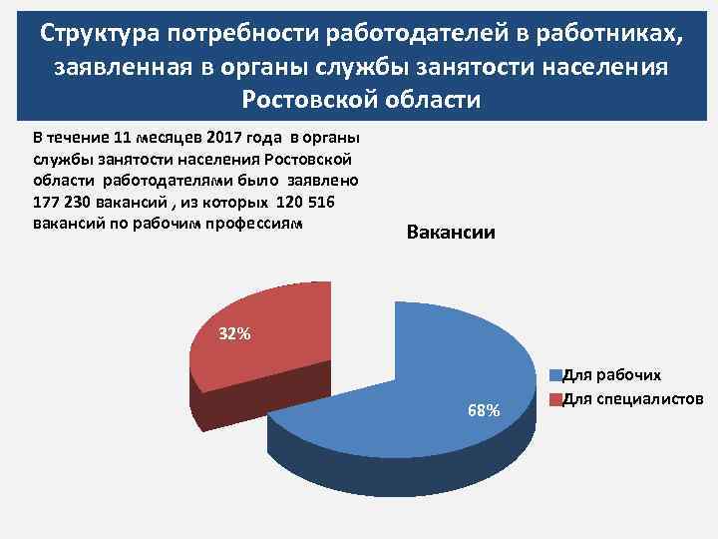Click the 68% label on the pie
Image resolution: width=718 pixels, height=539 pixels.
click(484, 410)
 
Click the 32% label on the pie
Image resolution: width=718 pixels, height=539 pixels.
click(235, 333)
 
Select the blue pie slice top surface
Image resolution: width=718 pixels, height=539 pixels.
click(439, 369)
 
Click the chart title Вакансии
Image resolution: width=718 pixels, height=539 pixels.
click(451, 233)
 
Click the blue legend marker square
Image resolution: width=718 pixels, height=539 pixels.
click(555, 377)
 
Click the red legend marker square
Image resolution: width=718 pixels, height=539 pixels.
click(555, 399)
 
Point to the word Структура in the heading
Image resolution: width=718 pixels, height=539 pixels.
click(101, 35)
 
